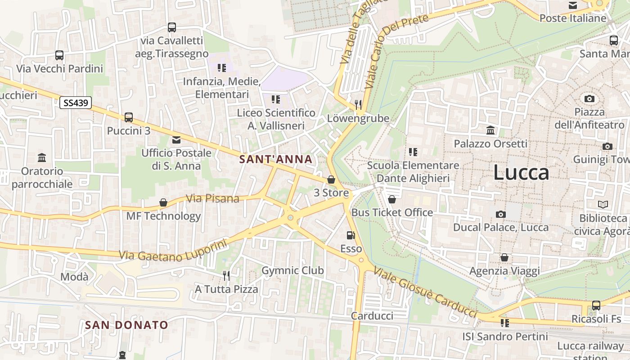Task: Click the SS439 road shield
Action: pyautogui.click(x=76, y=103)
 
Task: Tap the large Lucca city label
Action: pyautogui.click(x=521, y=173)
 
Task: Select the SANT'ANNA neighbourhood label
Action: pyautogui.click(x=275, y=159)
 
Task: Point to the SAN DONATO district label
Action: pyautogui.click(x=126, y=324)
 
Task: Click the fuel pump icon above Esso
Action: pyautogui.click(x=351, y=235)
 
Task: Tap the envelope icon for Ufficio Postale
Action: pyautogui.click(x=176, y=140)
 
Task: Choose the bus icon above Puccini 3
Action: pyautogui.click(x=129, y=117)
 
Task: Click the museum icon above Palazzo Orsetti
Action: pyautogui.click(x=490, y=130)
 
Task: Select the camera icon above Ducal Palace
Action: pyautogui.click(x=500, y=214)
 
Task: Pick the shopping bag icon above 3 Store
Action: pyautogui.click(x=331, y=180)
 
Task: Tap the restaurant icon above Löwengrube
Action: pyautogui.click(x=358, y=105)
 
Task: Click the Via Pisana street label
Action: pyautogui.click(x=212, y=198)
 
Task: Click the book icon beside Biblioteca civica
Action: pyautogui.click(x=603, y=205)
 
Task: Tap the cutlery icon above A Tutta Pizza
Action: pyautogui.click(x=226, y=275)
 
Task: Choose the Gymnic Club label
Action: pyautogui.click(x=292, y=270)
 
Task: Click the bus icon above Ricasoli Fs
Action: pyautogui.click(x=596, y=306)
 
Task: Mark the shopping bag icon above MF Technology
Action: pyautogui.click(x=163, y=203)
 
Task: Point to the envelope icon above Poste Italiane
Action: pyautogui.click(x=573, y=5)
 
